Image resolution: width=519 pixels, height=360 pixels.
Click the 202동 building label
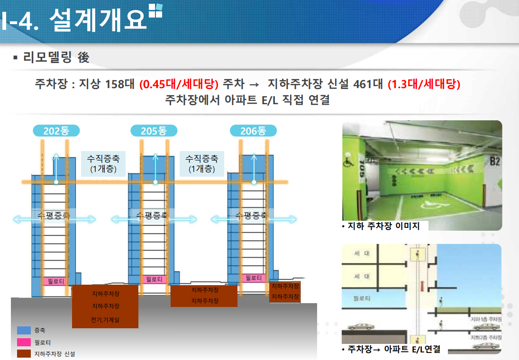pos(56,131)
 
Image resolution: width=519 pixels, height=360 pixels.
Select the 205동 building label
pos(154,131)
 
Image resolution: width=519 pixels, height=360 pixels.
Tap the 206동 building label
pos(253,131)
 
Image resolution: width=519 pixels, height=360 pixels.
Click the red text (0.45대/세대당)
pos(179,85)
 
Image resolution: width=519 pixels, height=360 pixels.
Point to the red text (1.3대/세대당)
pos(424,85)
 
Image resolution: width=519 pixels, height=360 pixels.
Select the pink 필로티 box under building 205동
pos(154,279)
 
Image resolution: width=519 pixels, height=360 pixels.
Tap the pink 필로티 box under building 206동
pos(254,278)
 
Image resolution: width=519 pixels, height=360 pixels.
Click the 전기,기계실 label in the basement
pos(105,320)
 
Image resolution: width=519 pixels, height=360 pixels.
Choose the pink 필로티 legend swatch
pos(24,342)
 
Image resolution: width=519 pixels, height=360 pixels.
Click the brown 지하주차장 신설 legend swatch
pos(24,353)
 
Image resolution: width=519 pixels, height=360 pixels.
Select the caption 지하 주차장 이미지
pos(383,226)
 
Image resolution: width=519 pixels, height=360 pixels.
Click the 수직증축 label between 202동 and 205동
pos(100,163)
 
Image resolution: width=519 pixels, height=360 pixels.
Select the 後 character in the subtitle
pos(83,58)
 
